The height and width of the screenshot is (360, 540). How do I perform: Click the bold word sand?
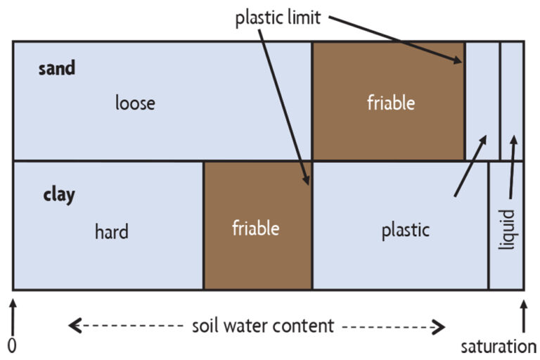56,69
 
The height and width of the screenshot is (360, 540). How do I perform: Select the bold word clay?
58,195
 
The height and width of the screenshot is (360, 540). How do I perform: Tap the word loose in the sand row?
135,103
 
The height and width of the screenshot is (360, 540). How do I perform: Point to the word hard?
111,231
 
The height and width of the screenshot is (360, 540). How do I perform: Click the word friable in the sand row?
391,103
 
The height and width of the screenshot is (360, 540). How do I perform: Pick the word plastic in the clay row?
405,231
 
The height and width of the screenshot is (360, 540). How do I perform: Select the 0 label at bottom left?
11,346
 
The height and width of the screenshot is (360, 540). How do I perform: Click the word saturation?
499,346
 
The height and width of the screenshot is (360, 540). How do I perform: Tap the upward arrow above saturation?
523,314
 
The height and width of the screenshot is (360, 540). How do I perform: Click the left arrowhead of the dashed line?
75,326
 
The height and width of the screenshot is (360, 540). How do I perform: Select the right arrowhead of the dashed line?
439,326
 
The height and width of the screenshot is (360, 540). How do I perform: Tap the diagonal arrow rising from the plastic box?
470,165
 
